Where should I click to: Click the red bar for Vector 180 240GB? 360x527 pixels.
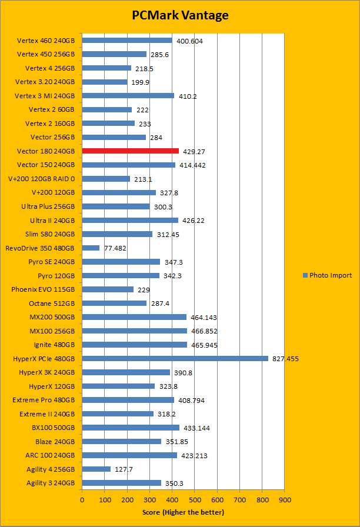pos(130,151)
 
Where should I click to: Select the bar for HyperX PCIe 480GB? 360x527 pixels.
pos(175,358)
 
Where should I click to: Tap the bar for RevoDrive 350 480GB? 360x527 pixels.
pos(91,248)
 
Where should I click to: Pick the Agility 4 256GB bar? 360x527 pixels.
pos(96,469)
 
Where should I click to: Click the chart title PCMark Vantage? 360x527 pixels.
pos(180,15)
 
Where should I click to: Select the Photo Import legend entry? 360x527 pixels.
pos(327,275)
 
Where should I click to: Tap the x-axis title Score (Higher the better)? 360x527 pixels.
pos(183,512)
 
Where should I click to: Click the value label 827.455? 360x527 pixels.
pos(285,358)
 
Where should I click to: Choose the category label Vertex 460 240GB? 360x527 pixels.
pos(46,41)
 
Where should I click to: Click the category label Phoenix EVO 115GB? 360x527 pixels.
pos(43,289)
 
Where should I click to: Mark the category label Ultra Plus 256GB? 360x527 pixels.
pos(48,206)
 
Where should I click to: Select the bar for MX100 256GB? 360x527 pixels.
pos(134,331)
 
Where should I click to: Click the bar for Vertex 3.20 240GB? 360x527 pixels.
pos(105,82)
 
